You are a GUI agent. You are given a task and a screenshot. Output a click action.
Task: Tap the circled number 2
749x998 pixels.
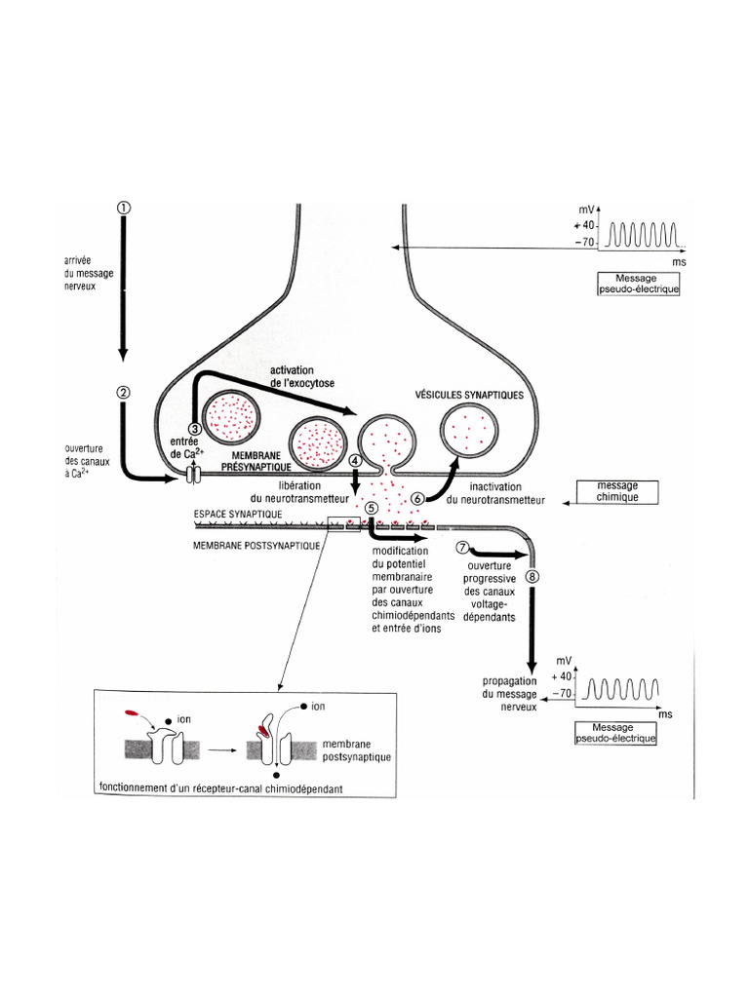coord(123,393)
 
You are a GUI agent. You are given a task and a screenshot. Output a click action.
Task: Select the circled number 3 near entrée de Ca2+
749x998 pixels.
coord(195,428)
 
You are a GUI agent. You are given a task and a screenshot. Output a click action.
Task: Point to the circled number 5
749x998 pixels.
coord(371,508)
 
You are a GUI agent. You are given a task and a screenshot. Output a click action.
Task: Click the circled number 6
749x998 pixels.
coord(418,498)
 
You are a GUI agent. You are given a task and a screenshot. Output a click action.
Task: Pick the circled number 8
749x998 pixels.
coord(532,576)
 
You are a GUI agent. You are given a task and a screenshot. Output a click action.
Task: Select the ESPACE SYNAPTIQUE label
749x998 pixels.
coord(239,513)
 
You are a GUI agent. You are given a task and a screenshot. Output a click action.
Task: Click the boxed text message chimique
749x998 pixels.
coord(617,490)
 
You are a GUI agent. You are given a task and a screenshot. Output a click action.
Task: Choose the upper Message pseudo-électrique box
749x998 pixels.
coord(638,283)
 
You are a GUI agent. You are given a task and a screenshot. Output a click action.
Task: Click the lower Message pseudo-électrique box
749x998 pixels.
coord(616,733)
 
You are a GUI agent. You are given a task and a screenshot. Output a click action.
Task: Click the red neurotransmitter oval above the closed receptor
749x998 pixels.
coord(133,714)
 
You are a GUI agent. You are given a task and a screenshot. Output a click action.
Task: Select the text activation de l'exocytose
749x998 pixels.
coord(316,376)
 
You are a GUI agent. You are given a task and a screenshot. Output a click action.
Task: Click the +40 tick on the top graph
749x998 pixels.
coord(586,226)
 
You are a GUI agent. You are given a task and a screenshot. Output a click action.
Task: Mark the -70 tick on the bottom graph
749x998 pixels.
coord(563,693)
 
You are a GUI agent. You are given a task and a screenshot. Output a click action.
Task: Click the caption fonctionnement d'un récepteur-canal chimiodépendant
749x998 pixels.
coord(219,787)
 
